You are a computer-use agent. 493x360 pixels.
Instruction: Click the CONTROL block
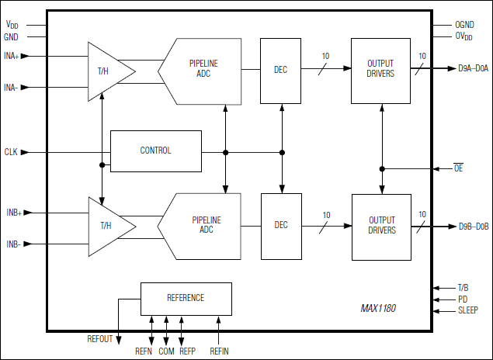coord(155,151)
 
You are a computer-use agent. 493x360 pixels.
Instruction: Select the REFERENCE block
coord(186,298)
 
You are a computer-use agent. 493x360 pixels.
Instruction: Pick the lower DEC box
coord(280,225)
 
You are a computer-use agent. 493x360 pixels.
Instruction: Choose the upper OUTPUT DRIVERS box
coord(381,69)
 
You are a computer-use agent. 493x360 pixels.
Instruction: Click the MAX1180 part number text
coord(378,308)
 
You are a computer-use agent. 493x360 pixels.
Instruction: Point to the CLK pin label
coord(11,152)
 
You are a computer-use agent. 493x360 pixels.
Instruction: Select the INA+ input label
coord(13,56)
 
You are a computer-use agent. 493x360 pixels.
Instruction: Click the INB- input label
coord(12,244)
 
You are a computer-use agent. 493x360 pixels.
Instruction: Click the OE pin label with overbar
coord(458,168)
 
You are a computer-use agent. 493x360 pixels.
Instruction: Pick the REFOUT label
coord(99,339)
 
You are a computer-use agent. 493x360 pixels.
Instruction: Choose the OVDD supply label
coord(463,36)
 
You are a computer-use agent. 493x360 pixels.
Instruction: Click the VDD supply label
coord(11,25)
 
